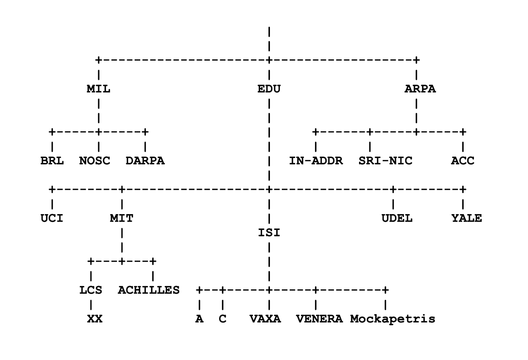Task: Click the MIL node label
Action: tap(98, 89)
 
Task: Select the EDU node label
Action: tap(269, 89)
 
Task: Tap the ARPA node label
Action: tap(420, 89)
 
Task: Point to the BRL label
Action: tap(52, 161)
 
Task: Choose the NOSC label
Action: tap(95, 161)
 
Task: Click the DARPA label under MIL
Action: tap(145, 161)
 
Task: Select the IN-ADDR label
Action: tap(316, 161)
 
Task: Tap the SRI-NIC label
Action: tap(385, 161)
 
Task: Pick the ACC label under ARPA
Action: tap(463, 161)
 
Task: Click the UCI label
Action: tap(52, 218)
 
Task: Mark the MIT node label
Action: tap(121, 218)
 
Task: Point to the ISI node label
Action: tap(269, 233)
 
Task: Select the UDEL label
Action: tap(397, 218)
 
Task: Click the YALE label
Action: tap(467, 218)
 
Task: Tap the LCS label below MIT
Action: tap(91, 290)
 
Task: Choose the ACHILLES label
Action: tap(149, 290)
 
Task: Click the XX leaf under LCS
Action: tap(95, 319)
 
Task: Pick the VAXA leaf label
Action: tap(265, 319)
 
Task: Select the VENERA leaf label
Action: tap(319, 319)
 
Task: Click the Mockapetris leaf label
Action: tap(393, 319)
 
